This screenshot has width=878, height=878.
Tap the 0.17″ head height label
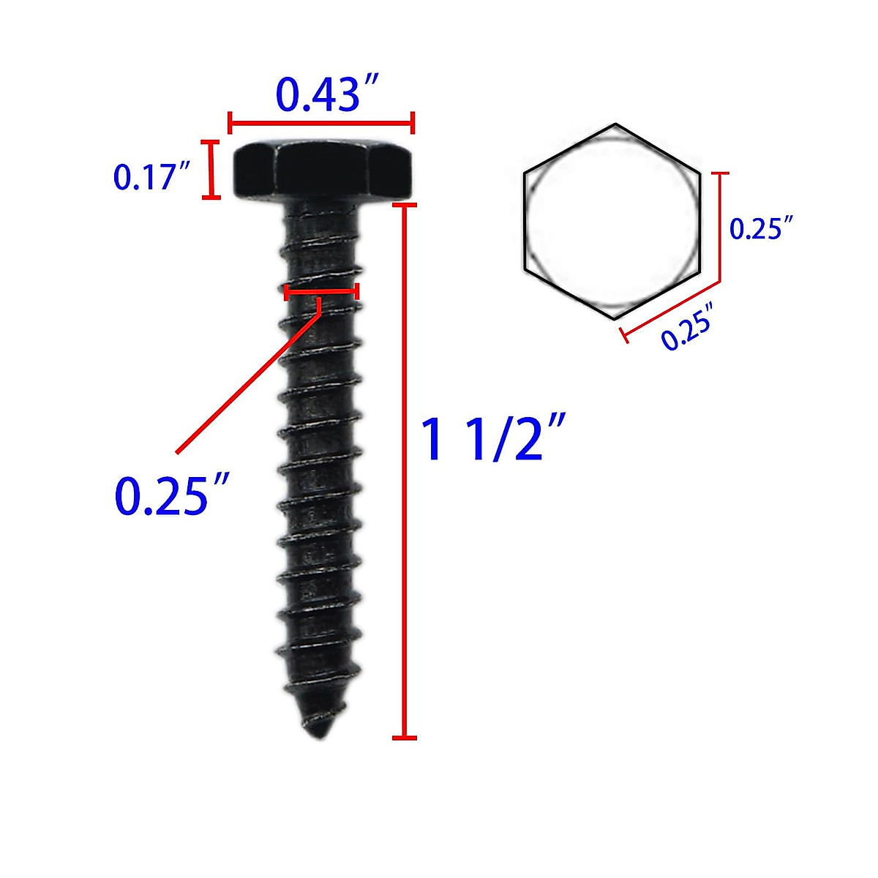pyautogui.click(x=151, y=178)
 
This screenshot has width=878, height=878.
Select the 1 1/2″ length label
pyautogui.click(x=493, y=439)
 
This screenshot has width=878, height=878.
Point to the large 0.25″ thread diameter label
pyautogui.click(x=173, y=495)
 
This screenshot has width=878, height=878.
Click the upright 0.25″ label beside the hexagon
pyautogui.click(x=762, y=228)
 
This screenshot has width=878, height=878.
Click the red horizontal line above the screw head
pyautogui.click(x=322, y=123)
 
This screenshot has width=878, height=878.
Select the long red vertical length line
pyautogui.click(x=405, y=472)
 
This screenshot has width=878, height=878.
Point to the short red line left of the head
pyautogui.click(x=212, y=169)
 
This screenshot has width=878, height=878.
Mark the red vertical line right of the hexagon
pyautogui.click(x=723, y=227)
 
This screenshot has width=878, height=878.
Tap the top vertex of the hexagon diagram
pyautogui.click(x=615, y=124)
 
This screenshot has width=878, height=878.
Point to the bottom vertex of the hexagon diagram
pyautogui.click(x=613, y=320)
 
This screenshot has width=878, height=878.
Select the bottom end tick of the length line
pyautogui.click(x=405, y=738)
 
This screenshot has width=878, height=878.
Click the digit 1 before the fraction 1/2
pyautogui.click(x=433, y=439)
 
